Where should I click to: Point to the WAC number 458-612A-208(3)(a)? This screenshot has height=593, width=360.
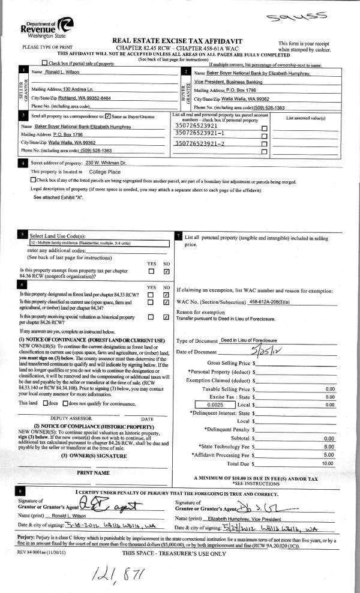277,301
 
